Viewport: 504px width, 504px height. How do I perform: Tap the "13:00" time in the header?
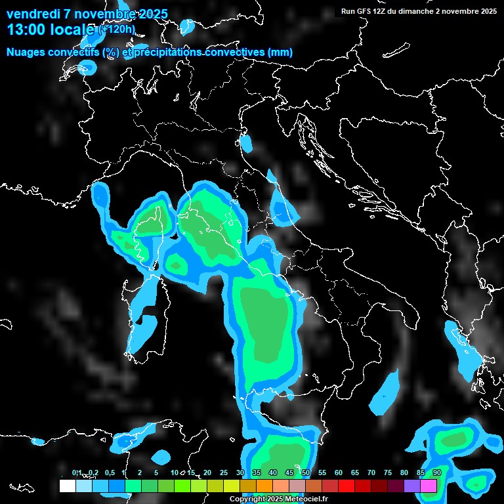(x=24, y=30)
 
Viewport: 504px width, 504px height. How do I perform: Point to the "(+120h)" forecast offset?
(x=116, y=29)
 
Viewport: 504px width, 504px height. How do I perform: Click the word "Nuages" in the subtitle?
(x=26, y=52)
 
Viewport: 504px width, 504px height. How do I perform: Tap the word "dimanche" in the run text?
(x=417, y=11)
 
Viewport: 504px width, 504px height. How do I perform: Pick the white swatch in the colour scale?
(x=67, y=486)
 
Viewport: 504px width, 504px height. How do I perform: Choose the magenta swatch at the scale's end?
(x=429, y=486)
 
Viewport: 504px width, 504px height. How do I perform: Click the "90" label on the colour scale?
(x=437, y=472)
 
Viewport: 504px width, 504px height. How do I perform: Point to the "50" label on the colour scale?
(x=306, y=472)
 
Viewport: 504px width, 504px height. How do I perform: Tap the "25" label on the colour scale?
(x=224, y=472)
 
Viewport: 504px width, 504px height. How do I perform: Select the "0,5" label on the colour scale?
(x=110, y=472)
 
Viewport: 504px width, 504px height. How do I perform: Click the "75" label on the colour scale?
(x=388, y=472)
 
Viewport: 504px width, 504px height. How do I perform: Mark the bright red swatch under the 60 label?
(x=346, y=486)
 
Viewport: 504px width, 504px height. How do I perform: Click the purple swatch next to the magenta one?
(x=412, y=486)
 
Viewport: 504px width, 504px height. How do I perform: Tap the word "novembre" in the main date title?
(x=100, y=14)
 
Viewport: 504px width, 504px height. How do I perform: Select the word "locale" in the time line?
(x=74, y=30)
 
